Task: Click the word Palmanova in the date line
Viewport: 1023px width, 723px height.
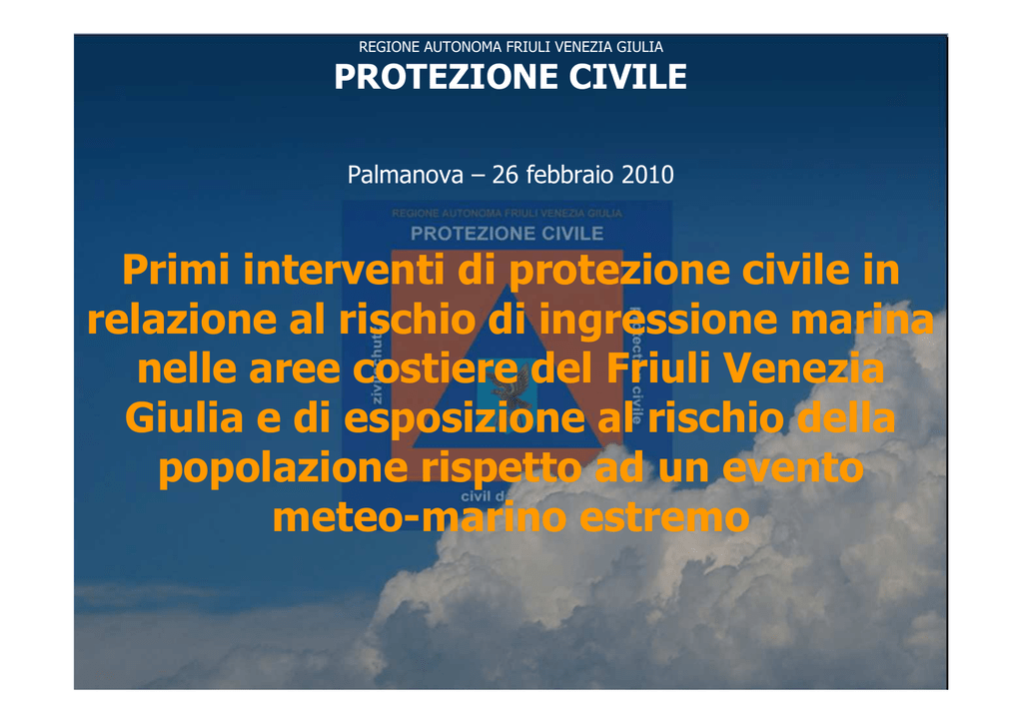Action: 406,175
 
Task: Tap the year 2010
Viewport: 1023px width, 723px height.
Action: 647,175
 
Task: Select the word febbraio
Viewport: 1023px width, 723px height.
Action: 569,175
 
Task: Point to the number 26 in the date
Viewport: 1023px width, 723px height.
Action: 505,175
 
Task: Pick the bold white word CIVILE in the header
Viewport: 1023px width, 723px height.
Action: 627,76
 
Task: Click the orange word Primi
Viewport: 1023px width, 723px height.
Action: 176,270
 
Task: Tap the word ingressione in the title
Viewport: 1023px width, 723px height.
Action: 658,321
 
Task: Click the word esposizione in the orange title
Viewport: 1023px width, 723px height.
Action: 464,418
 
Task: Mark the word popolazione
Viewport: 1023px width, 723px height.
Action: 283,468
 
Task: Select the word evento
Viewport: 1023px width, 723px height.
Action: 792,468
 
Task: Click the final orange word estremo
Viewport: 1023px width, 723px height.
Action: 664,518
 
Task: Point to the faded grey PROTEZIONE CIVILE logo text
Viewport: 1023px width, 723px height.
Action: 507,234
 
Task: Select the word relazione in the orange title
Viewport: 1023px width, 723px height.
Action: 182,321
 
